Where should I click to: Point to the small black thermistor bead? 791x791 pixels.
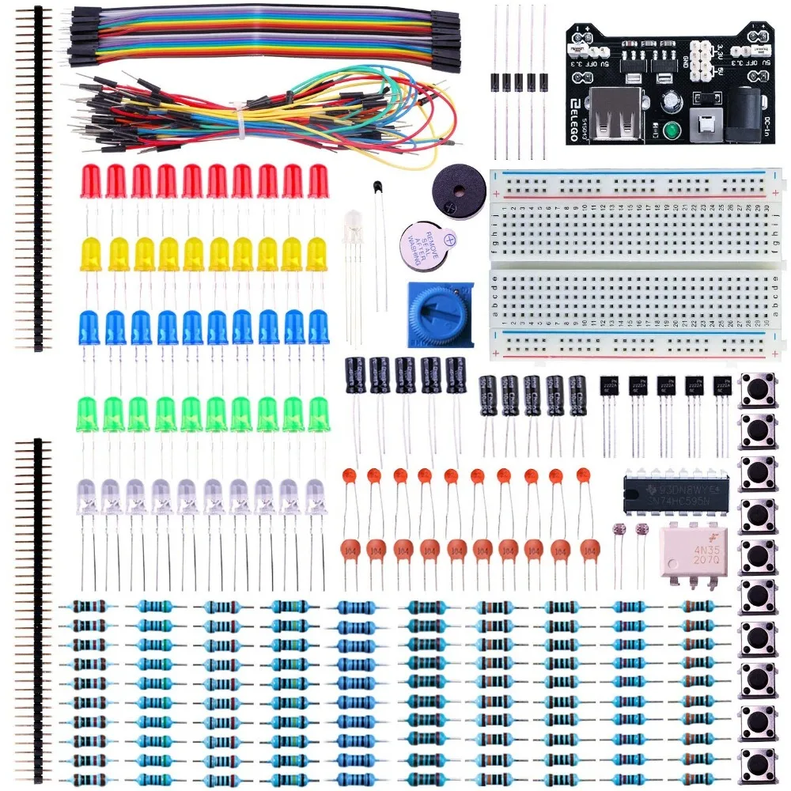click(x=376, y=188)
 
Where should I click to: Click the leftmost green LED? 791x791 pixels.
click(x=89, y=414)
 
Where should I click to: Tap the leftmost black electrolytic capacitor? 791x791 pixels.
click(x=354, y=374)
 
